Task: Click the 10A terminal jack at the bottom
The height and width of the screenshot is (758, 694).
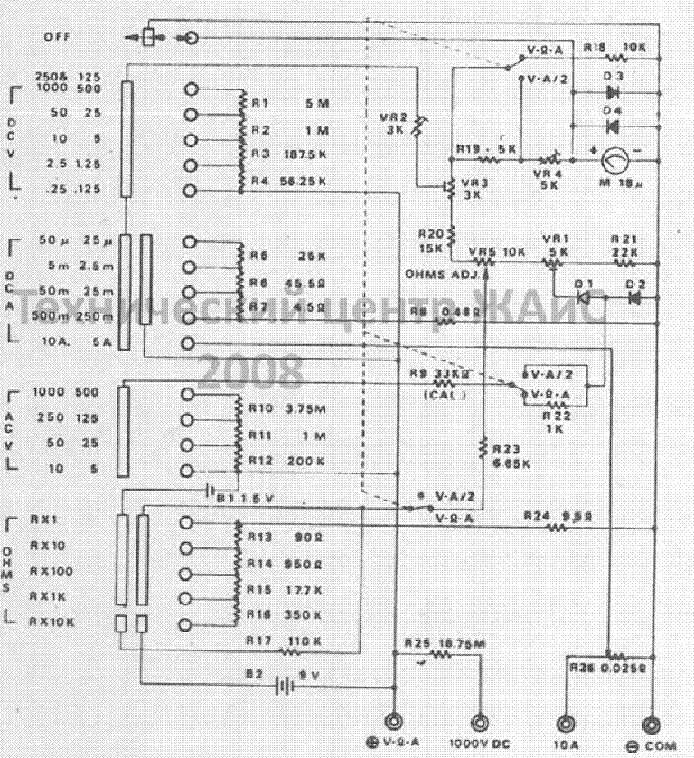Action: pos(566,723)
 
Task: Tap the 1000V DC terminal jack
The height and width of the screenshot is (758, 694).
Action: pos(480,723)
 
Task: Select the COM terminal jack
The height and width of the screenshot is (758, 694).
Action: pos(651,723)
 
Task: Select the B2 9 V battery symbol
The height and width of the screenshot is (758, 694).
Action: pos(286,684)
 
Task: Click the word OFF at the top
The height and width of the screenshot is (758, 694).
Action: pos(56,37)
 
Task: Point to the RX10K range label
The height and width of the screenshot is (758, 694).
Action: pos(52,622)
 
